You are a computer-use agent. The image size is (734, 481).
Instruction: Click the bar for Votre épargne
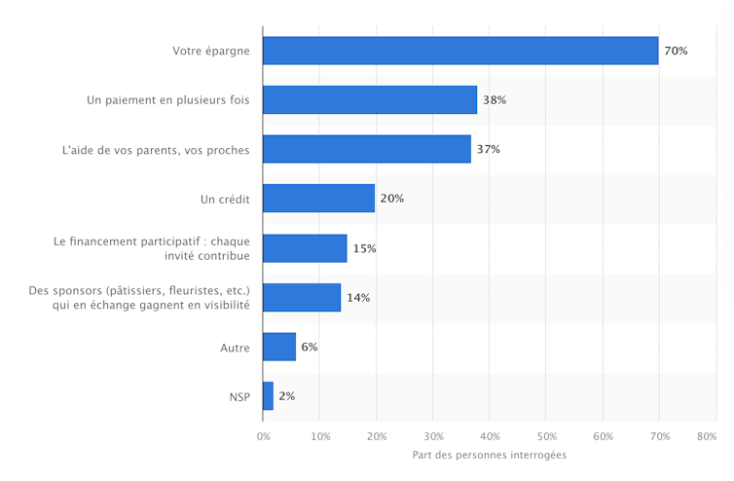click(460, 51)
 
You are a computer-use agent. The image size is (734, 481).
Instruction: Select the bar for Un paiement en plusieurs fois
click(370, 100)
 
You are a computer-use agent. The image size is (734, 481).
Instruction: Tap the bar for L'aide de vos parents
click(367, 149)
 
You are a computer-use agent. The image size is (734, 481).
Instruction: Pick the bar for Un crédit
click(318, 199)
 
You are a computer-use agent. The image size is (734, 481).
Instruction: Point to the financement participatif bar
click(305, 248)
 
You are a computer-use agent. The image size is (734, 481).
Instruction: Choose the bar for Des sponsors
click(302, 297)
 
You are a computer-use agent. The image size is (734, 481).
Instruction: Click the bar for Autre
click(279, 347)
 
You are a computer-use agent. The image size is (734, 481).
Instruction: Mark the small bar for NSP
click(268, 396)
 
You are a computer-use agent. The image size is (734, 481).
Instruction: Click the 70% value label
click(676, 51)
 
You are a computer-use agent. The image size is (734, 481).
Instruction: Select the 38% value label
click(495, 100)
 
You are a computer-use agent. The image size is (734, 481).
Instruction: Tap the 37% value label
click(489, 149)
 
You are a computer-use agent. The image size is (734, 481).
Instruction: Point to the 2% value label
click(286, 396)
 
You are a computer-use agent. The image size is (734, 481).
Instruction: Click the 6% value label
click(310, 347)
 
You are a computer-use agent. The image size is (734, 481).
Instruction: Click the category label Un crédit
click(225, 199)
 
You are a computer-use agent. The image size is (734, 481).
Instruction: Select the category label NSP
click(238, 396)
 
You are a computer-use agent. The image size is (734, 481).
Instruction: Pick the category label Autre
click(235, 347)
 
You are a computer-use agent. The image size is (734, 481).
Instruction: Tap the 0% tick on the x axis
click(263, 436)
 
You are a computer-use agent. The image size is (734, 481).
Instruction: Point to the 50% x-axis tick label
click(546, 436)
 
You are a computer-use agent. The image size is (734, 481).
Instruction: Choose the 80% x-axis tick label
click(716, 436)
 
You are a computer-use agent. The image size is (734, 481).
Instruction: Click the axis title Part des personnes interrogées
click(489, 456)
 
